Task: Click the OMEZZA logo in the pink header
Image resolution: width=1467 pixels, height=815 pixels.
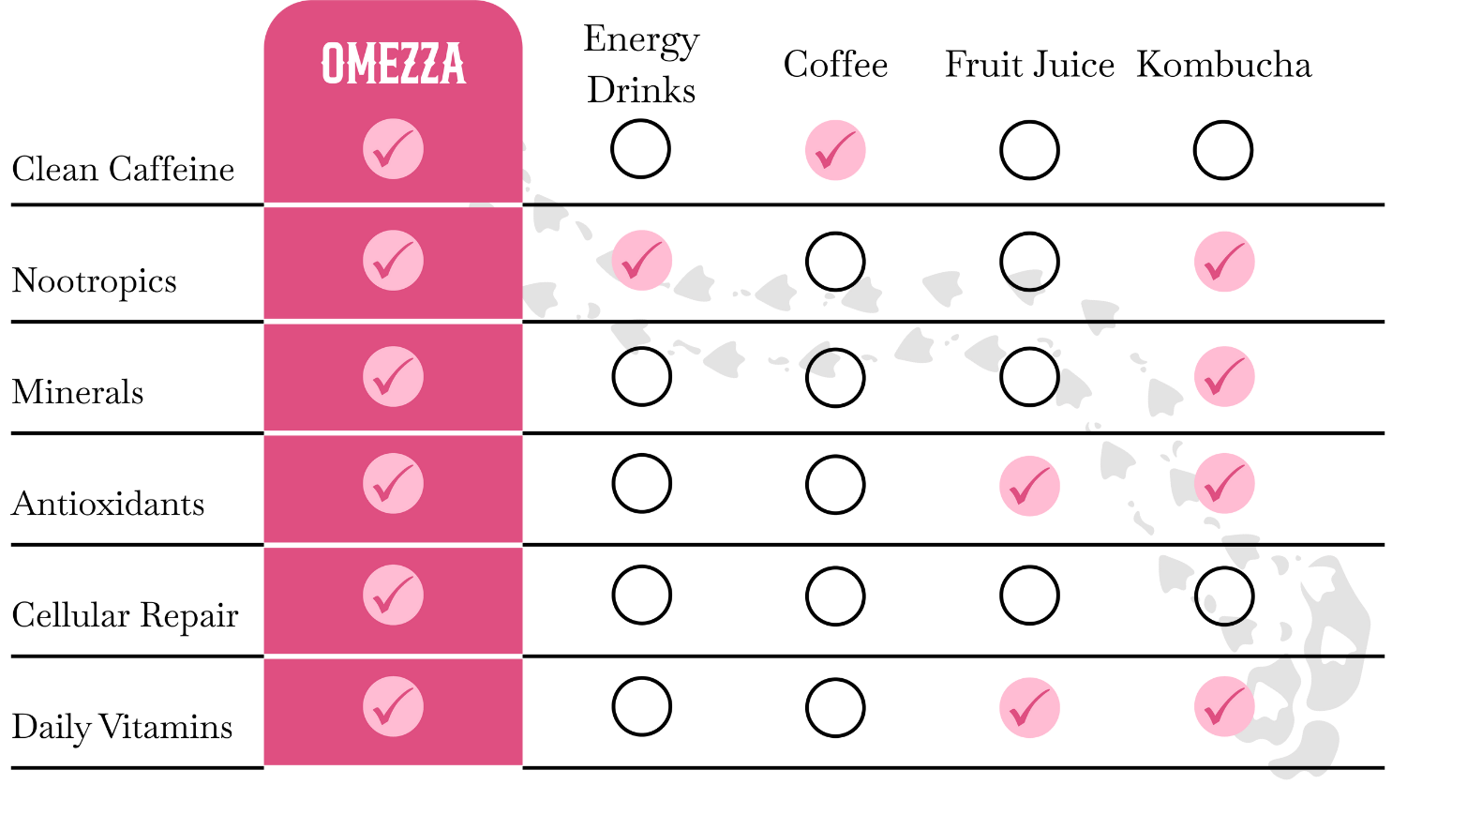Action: (393, 64)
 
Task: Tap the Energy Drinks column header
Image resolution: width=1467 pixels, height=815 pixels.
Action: (641, 64)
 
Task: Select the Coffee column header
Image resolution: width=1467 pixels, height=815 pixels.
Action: (835, 64)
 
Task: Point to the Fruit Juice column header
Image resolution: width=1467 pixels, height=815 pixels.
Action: (1029, 64)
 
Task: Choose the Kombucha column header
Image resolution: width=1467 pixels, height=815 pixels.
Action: (1223, 64)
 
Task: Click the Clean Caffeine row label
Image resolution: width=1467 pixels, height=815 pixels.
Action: (123, 169)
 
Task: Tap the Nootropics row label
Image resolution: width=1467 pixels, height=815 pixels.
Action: (95, 281)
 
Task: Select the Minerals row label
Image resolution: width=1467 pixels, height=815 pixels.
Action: (77, 392)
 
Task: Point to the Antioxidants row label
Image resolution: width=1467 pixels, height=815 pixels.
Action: (108, 504)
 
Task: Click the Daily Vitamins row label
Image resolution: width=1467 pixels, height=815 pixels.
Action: (122, 727)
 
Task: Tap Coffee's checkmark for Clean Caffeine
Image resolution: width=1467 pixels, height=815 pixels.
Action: (835, 150)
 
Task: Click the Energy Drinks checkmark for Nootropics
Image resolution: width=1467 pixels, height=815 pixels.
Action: (642, 260)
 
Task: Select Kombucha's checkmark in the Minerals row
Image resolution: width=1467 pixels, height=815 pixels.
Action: (1224, 377)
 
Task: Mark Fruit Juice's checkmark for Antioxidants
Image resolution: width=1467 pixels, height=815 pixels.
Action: (1029, 486)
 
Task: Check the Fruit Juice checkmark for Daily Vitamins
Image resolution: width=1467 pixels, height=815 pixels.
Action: (1029, 707)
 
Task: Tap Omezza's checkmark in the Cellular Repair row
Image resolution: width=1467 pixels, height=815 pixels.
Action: (393, 595)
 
